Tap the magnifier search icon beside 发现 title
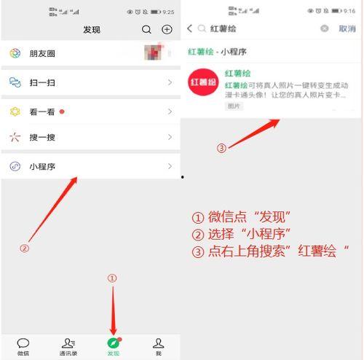(x=147, y=30)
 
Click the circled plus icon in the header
(x=167, y=30)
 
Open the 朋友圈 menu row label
(x=41, y=54)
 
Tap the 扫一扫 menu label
(x=41, y=83)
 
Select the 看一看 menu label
(x=41, y=111)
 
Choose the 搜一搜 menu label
(x=41, y=137)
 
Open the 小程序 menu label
(x=41, y=166)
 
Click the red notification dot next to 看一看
(x=62, y=111)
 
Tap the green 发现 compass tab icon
(x=113, y=343)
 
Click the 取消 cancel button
(x=347, y=28)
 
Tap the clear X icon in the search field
(x=325, y=28)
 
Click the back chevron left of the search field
(x=190, y=28)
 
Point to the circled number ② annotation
(x=24, y=248)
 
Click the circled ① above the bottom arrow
(x=111, y=278)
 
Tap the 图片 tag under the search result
(x=234, y=106)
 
